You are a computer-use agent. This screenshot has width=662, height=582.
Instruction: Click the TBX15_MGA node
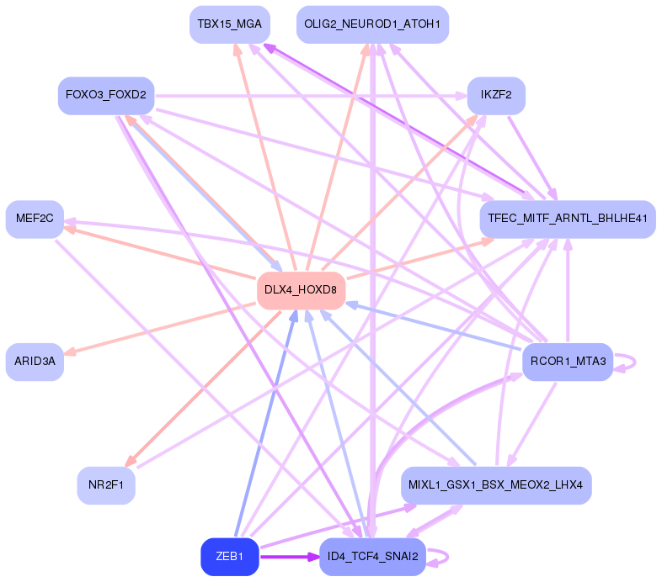[x=230, y=24]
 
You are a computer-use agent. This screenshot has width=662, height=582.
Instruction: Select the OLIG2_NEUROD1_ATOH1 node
[x=372, y=24]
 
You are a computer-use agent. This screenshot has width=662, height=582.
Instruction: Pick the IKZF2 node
[x=496, y=95]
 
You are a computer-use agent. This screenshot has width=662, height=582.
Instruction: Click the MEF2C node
[x=35, y=219]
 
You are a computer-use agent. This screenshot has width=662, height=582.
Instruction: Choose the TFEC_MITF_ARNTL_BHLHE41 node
[x=567, y=219]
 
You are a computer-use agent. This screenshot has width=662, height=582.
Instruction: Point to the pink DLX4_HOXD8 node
[x=301, y=290]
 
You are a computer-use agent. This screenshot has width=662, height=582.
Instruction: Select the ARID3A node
[x=35, y=362]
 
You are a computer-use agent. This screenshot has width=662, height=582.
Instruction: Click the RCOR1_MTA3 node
[x=567, y=362]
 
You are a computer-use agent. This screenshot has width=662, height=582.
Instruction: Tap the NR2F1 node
[x=106, y=485]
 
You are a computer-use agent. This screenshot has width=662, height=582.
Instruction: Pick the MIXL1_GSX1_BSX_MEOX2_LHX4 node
[x=496, y=485]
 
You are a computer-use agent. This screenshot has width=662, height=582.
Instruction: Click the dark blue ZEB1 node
[x=229, y=557]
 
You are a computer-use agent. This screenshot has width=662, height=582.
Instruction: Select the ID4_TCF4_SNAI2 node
[x=372, y=557]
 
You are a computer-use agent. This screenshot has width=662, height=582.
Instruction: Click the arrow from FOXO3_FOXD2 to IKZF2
[x=312, y=95]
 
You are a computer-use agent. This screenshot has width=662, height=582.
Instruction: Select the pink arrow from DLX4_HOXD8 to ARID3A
[x=160, y=329]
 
